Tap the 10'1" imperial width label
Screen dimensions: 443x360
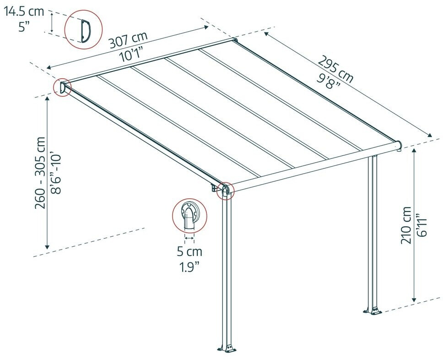click(x=131, y=55)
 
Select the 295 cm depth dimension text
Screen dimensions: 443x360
click(x=335, y=69)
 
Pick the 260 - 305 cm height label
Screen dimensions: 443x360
click(x=40, y=173)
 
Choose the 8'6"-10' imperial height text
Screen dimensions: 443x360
click(x=55, y=174)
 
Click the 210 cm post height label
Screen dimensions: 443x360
click(x=406, y=225)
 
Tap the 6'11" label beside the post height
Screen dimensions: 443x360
click(x=421, y=225)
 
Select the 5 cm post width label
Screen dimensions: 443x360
click(x=189, y=251)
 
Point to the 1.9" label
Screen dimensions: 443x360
click(x=189, y=267)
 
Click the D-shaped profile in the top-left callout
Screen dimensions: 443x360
click(x=85, y=31)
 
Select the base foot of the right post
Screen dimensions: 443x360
click(x=373, y=310)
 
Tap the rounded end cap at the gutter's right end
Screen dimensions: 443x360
click(x=398, y=145)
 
